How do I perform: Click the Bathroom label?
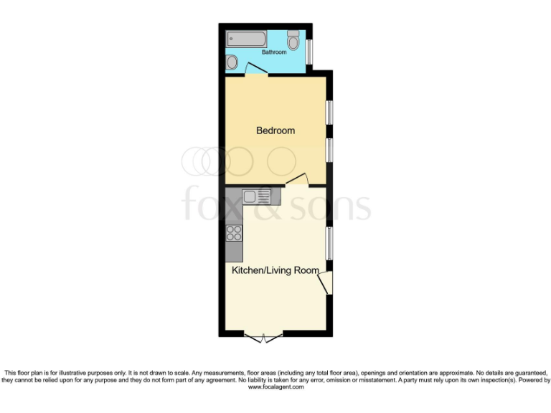273,52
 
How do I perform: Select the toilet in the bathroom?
294,40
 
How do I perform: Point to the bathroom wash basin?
232,63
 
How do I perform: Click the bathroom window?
309,49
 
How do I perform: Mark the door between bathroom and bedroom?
256,70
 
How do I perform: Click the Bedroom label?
276,130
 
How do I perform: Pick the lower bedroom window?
329,151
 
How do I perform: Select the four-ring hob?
234,232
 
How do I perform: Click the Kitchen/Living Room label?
275,270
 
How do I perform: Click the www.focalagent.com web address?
275,387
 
